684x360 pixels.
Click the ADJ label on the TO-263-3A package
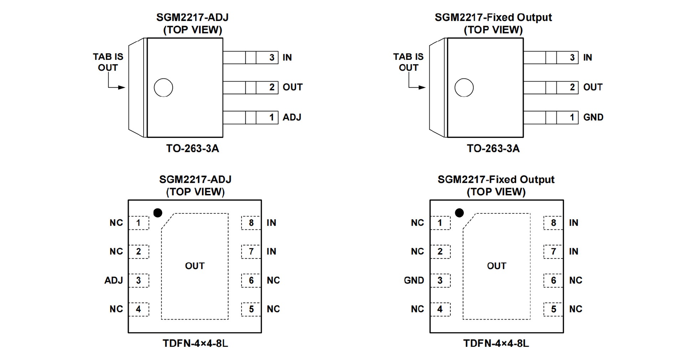click(x=292, y=117)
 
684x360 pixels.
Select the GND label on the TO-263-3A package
click(x=593, y=117)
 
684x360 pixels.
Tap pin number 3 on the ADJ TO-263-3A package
click(x=272, y=57)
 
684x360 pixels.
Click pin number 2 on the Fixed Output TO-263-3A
click(x=572, y=87)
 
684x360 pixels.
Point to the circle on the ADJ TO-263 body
click(x=163, y=88)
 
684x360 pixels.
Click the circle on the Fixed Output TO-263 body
click(x=464, y=88)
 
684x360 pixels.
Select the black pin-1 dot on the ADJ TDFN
click(x=157, y=213)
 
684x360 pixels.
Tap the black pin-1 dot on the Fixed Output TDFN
click(x=460, y=213)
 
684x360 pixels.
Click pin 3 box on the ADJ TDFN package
click(x=139, y=281)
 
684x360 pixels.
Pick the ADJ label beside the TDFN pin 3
click(x=114, y=281)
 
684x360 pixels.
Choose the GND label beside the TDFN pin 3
click(x=414, y=281)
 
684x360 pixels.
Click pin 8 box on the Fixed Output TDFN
click(x=553, y=223)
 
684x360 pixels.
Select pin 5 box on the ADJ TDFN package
click(x=251, y=309)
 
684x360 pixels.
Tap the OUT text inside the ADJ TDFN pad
click(x=195, y=266)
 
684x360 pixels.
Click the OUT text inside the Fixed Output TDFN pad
click(x=497, y=266)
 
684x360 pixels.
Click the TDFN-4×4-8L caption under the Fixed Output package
click(x=496, y=343)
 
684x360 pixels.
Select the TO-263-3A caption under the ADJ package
click(x=192, y=148)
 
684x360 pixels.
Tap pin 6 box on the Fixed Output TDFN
click(x=553, y=281)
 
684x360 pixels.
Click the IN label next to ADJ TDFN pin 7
click(x=271, y=252)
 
